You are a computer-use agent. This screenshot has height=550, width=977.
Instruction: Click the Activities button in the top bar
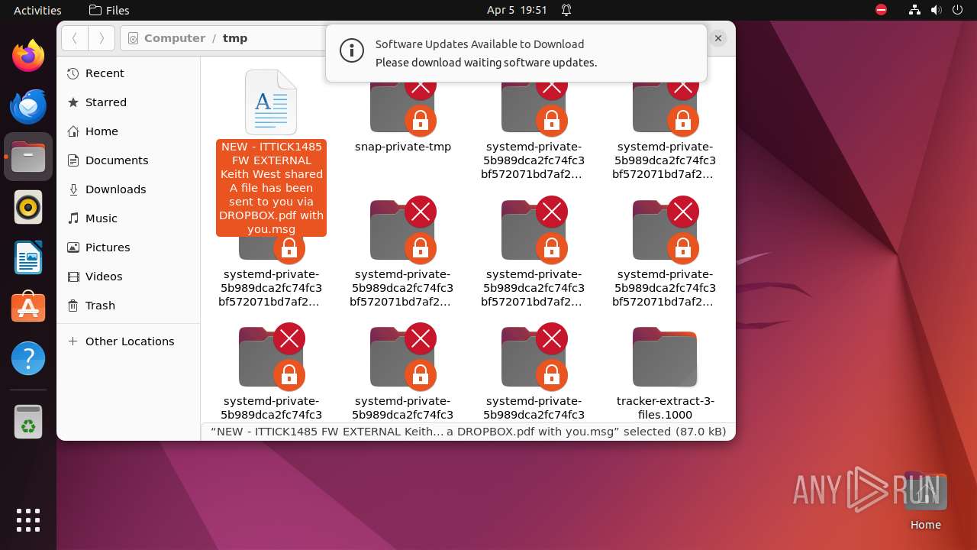point(37,10)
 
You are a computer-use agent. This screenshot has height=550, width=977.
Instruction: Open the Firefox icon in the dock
point(28,56)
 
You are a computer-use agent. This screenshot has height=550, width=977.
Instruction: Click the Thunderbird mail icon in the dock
point(28,106)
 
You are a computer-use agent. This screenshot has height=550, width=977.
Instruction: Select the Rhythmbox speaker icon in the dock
point(28,207)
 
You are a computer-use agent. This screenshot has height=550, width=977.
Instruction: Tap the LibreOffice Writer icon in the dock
point(28,257)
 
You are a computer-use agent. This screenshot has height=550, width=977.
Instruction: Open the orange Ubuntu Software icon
point(28,308)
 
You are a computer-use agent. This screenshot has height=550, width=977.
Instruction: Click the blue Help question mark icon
point(28,358)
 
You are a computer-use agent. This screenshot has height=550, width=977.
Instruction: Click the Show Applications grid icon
point(28,519)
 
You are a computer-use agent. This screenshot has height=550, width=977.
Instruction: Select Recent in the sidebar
point(105,73)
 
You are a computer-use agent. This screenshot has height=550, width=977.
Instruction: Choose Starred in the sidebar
point(105,102)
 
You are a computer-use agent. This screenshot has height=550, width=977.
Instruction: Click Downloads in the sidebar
point(115,189)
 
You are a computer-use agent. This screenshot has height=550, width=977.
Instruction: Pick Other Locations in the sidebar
point(129,341)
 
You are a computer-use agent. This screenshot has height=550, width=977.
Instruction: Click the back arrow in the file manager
point(75,38)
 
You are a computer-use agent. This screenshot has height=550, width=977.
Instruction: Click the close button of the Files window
point(717,37)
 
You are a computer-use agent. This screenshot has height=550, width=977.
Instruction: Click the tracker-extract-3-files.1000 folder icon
point(664,357)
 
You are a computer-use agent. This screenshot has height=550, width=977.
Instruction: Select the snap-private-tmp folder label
point(403,147)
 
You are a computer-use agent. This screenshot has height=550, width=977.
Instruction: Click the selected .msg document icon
point(271,102)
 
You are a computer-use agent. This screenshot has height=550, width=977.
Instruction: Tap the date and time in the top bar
point(517,10)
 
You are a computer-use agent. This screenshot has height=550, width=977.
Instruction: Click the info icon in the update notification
point(351,51)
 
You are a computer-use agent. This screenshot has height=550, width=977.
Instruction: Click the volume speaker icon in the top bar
point(937,10)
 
